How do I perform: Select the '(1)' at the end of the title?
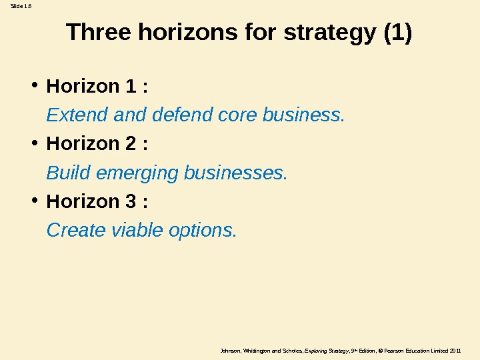398,32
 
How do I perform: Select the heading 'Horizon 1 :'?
97,87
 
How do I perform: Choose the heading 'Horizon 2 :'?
97,144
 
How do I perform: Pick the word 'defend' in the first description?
177,115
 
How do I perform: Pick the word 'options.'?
203,231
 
